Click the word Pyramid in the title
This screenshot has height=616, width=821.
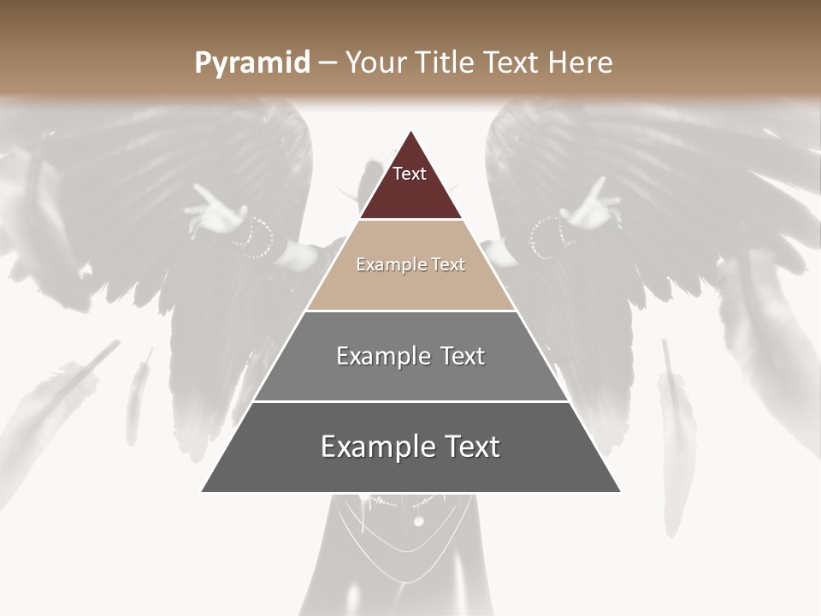click(252, 63)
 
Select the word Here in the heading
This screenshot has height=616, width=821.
click(581, 62)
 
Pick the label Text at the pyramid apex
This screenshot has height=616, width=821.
click(410, 174)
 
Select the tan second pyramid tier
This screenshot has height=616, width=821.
click(410, 282)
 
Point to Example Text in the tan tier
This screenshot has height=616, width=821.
click(410, 264)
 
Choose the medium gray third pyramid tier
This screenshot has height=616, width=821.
click(410, 376)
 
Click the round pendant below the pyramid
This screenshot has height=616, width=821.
click(418, 521)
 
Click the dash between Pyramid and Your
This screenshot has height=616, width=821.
click(328, 63)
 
